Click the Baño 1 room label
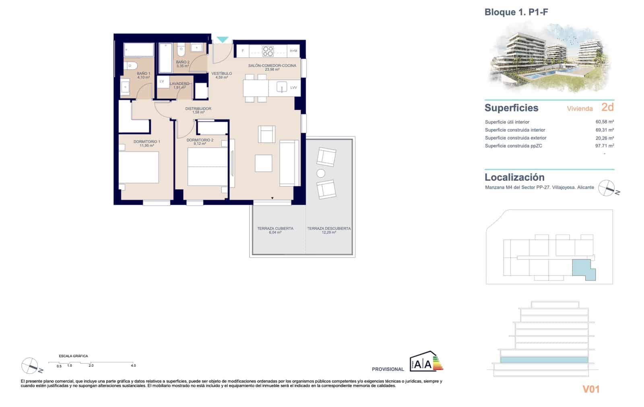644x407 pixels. tap(143, 75)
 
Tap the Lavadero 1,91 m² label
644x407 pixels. tap(179, 85)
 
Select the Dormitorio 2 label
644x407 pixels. tap(200, 142)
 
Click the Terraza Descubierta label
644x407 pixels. tap(329, 230)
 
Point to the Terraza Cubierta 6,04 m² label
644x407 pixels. tap(275, 230)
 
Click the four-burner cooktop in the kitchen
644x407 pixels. tap(268, 51)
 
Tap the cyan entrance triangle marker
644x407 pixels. tap(223, 39)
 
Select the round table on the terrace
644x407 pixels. tap(321, 173)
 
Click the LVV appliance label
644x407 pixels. tap(293, 87)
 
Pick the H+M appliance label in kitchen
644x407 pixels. tap(293, 51)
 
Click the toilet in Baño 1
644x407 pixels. tap(131, 65)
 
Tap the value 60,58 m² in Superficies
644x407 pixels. tap(604, 122)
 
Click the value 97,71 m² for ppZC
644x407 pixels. tap(604, 146)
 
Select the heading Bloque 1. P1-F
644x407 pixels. tap(516, 12)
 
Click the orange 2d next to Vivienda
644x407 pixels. tap(607, 107)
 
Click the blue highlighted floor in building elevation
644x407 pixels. tap(543, 359)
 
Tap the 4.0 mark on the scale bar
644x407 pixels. tap(133, 366)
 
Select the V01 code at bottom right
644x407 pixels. tap(591, 389)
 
